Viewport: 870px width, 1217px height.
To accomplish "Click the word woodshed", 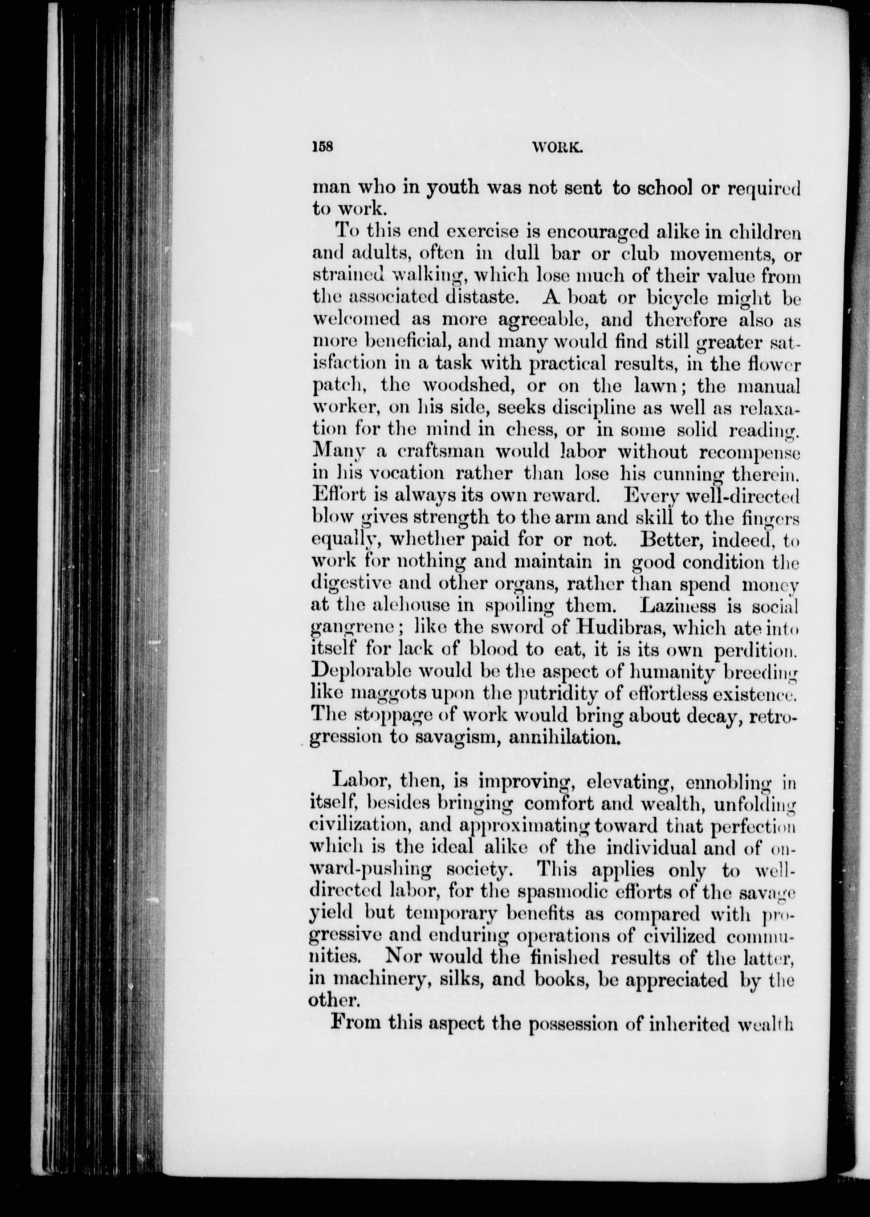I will [x=468, y=386].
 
